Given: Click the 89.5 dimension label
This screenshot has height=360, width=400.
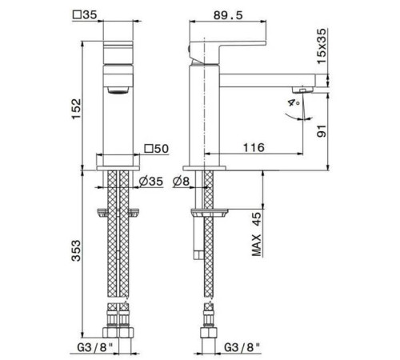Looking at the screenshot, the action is pyautogui.click(x=228, y=15).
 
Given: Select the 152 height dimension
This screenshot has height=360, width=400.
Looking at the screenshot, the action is pyautogui.click(x=76, y=110).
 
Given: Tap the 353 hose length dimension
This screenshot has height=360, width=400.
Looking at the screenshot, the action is pyautogui.click(x=76, y=250).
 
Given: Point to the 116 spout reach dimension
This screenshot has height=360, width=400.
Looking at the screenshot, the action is pyautogui.click(x=254, y=147).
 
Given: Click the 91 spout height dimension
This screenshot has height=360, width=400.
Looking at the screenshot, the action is pyautogui.click(x=322, y=131).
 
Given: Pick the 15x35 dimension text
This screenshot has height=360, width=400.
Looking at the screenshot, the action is pyautogui.click(x=322, y=46).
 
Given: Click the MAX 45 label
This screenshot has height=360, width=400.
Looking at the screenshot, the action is pyautogui.click(x=257, y=234).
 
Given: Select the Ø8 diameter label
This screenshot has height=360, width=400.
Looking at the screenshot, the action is pyautogui.click(x=181, y=182).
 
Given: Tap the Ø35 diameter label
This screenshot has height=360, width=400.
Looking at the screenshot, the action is pyautogui.click(x=150, y=182).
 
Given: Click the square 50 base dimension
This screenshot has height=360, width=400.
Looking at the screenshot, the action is pyautogui.click(x=157, y=149).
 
